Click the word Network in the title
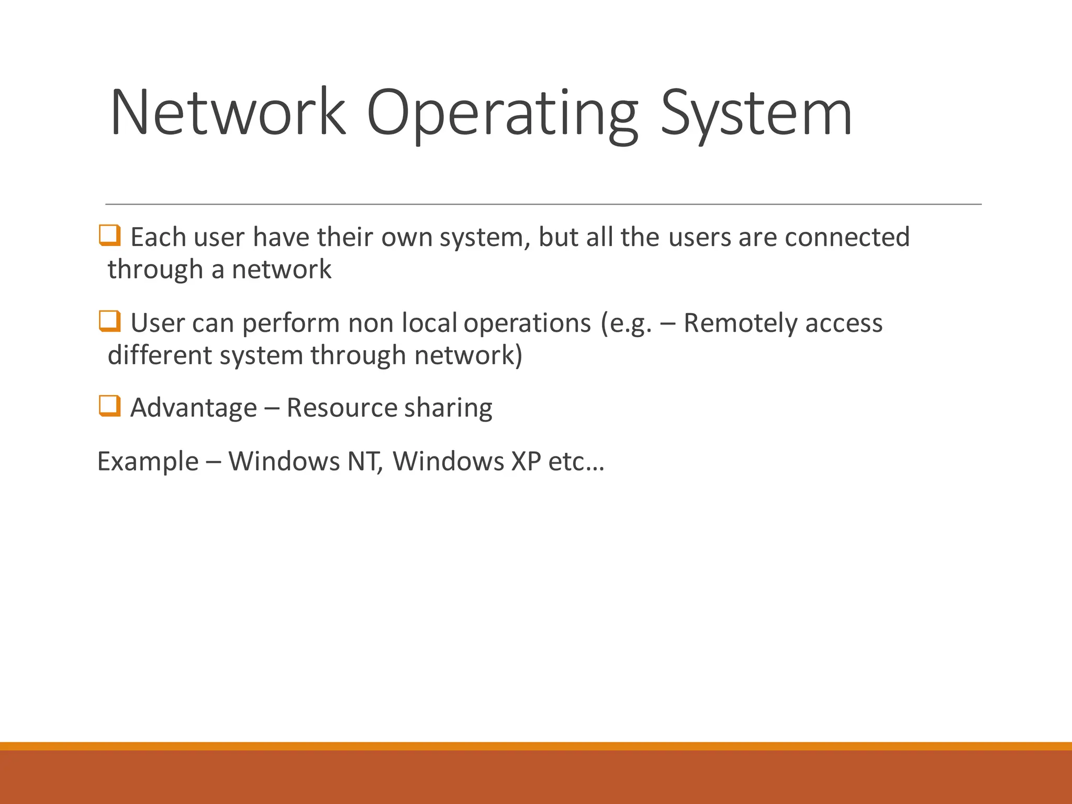228,113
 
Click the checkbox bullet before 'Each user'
110,236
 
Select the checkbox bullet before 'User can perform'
110,321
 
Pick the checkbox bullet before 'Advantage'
110,406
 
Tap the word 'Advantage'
194,408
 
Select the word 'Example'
148,462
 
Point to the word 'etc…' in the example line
576,462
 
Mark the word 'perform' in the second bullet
291,323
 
